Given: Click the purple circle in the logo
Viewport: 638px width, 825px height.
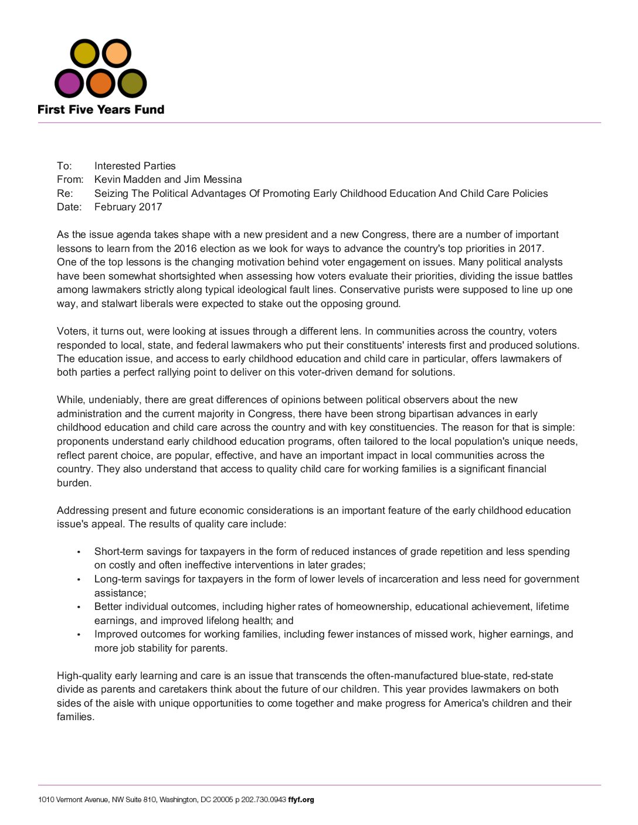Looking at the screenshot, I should [x=69, y=84].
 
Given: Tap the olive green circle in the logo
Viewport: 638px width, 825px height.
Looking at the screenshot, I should [x=132, y=84].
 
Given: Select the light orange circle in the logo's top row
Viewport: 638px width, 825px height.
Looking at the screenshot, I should [x=117, y=53].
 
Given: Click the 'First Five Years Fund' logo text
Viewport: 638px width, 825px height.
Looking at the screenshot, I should [x=101, y=110].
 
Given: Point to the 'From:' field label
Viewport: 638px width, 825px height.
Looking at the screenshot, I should [x=70, y=179].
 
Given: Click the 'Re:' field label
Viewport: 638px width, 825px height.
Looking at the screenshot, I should [x=65, y=193].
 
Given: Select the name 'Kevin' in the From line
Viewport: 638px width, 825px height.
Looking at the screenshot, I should [x=108, y=179].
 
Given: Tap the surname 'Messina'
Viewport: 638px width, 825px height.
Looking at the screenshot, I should [x=222, y=179].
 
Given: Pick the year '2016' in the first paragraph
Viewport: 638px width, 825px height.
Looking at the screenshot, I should [x=185, y=248].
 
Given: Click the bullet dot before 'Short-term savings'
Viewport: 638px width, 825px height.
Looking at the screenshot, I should [x=79, y=552].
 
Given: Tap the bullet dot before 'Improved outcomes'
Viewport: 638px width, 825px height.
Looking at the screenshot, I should [x=79, y=635].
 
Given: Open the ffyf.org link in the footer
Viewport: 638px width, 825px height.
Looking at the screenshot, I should [x=301, y=800].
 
